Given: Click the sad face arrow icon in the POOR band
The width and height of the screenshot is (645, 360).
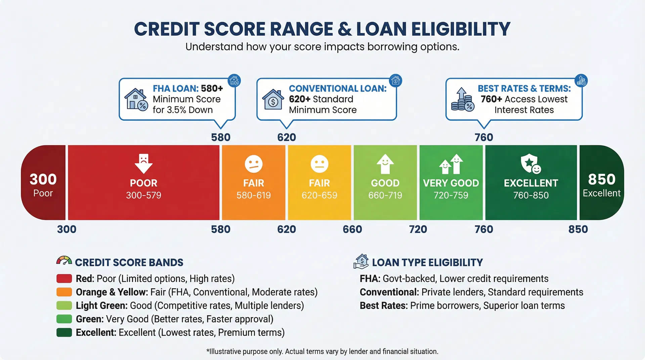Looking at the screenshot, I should (x=143, y=163).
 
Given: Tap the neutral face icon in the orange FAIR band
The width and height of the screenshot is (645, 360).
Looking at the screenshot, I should (x=254, y=164).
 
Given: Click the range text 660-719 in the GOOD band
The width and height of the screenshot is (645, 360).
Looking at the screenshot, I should (x=385, y=195).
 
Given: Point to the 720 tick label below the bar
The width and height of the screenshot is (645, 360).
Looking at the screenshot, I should (x=418, y=229).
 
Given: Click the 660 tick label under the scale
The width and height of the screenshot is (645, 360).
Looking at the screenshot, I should (x=352, y=229).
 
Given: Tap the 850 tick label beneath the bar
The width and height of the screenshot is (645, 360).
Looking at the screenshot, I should (x=578, y=229).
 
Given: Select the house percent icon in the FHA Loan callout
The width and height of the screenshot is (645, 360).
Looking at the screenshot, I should (x=136, y=99).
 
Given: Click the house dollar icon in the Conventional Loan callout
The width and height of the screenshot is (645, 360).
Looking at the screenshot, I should (x=273, y=99).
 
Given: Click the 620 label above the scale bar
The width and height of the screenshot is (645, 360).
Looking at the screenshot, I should (x=286, y=137).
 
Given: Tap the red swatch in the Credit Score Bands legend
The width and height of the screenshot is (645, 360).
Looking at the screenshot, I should (x=64, y=279).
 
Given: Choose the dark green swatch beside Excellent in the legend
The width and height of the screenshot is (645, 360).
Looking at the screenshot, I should (x=64, y=332).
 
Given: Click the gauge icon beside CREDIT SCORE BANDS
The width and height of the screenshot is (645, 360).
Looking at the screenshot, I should (x=64, y=261).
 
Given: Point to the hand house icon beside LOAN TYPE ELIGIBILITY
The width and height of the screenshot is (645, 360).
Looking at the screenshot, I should (x=361, y=262).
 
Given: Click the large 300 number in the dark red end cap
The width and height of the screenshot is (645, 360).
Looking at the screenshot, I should (x=43, y=179).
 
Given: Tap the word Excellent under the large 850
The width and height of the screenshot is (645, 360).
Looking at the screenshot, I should (x=601, y=193).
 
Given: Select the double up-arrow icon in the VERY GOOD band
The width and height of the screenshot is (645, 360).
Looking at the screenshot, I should (x=451, y=164).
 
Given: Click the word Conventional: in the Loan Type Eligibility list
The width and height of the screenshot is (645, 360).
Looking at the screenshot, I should (x=389, y=292).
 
